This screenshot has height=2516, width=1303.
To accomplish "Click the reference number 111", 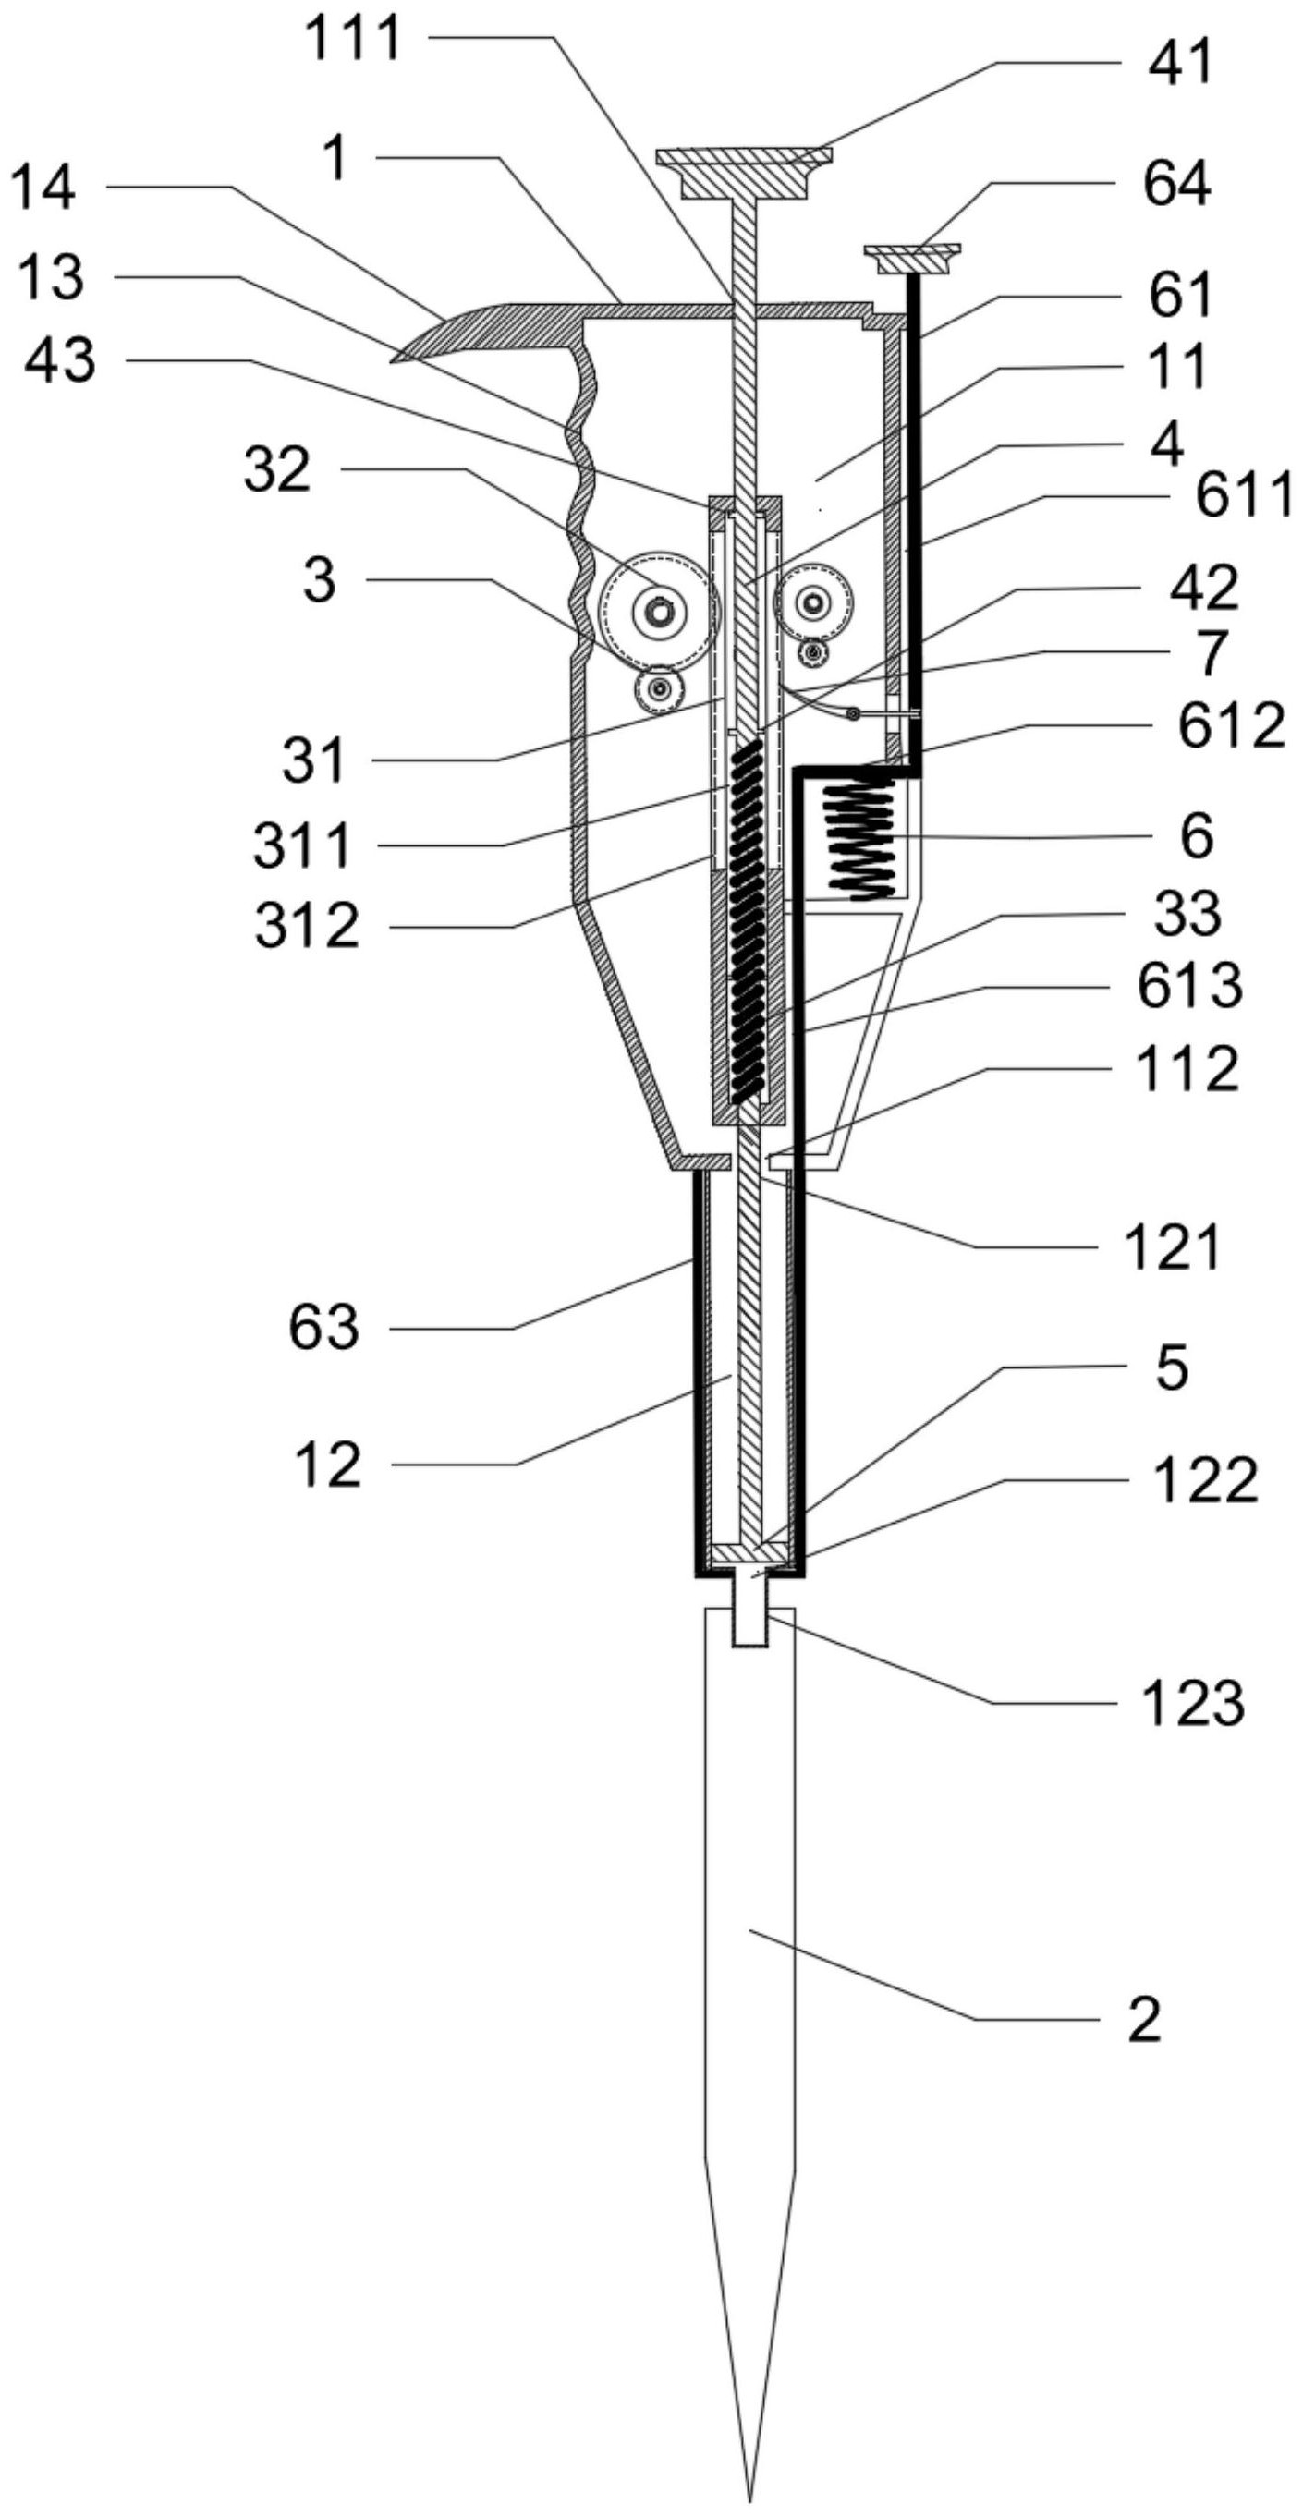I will (x=353, y=40).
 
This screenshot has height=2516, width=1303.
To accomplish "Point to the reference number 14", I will (x=45, y=188).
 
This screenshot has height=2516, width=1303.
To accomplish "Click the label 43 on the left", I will (x=61, y=361).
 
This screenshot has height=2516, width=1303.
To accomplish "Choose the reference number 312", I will (x=307, y=925).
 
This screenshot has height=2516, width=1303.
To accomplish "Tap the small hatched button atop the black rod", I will (x=912, y=258).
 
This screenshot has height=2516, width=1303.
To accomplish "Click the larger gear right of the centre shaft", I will (x=812, y=604).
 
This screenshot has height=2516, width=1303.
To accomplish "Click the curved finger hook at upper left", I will (x=459, y=332).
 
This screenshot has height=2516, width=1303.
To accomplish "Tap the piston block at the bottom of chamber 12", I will (x=749, y=1552).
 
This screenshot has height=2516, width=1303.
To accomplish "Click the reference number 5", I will (x=1172, y=1367).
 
